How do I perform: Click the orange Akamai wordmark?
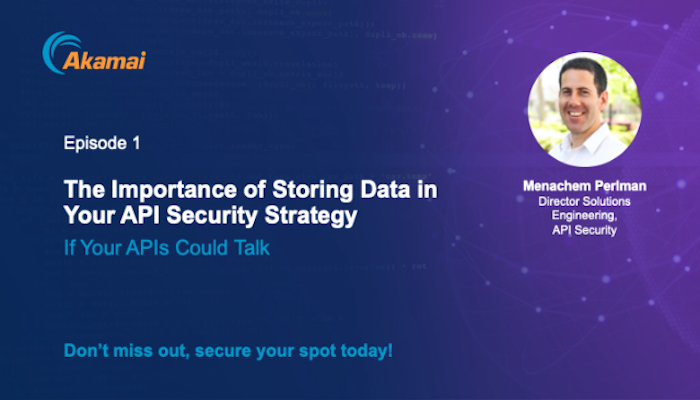tap(104, 60)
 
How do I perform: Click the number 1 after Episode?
tap(136, 143)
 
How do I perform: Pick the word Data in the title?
tap(385, 189)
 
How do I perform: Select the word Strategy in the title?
tap(311, 216)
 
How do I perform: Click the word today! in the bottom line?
tap(367, 351)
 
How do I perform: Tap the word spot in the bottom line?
tap(317, 352)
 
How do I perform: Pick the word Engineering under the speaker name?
tap(584, 216)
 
